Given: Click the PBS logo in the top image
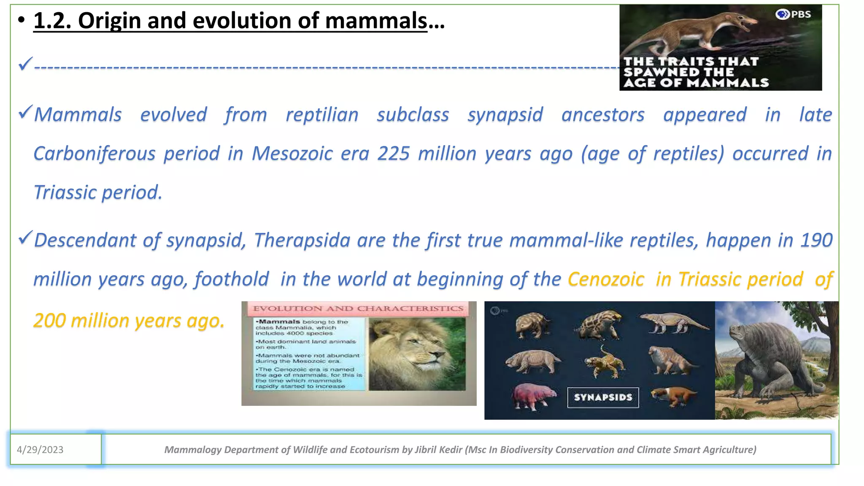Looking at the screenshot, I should pyautogui.click(x=794, y=14).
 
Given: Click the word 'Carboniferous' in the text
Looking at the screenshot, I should pyautogui.click(x=94, y=154).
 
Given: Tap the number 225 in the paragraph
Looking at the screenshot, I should pyautogui.click(x=393, y=154).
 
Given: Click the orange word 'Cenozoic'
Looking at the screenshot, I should pyautogui.click(x=606, y=280).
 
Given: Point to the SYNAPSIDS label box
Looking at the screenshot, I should pyautogui.click(x=603, y=397).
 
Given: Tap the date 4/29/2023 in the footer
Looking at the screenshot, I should pyautogui.click(x=40, y=450).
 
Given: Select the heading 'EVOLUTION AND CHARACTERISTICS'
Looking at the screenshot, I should pyautogui.click(x=358, y=309).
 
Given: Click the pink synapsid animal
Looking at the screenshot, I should pyautogui.click(x=533, y=395).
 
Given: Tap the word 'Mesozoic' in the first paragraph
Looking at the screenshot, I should pyautogui.click(x=292, y=154).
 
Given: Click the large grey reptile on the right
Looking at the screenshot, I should pyautogui.click(x=776, y=359).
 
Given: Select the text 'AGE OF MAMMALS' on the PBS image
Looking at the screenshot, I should pyautogui.click(x=696, y=83).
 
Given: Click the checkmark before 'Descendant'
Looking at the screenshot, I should pyautogui.click(x=25, y=238).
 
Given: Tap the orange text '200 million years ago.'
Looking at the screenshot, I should pyautogui.click(x=129, y=321).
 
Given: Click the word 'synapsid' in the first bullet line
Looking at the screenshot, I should pyautogui.click(x=505, y=115).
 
